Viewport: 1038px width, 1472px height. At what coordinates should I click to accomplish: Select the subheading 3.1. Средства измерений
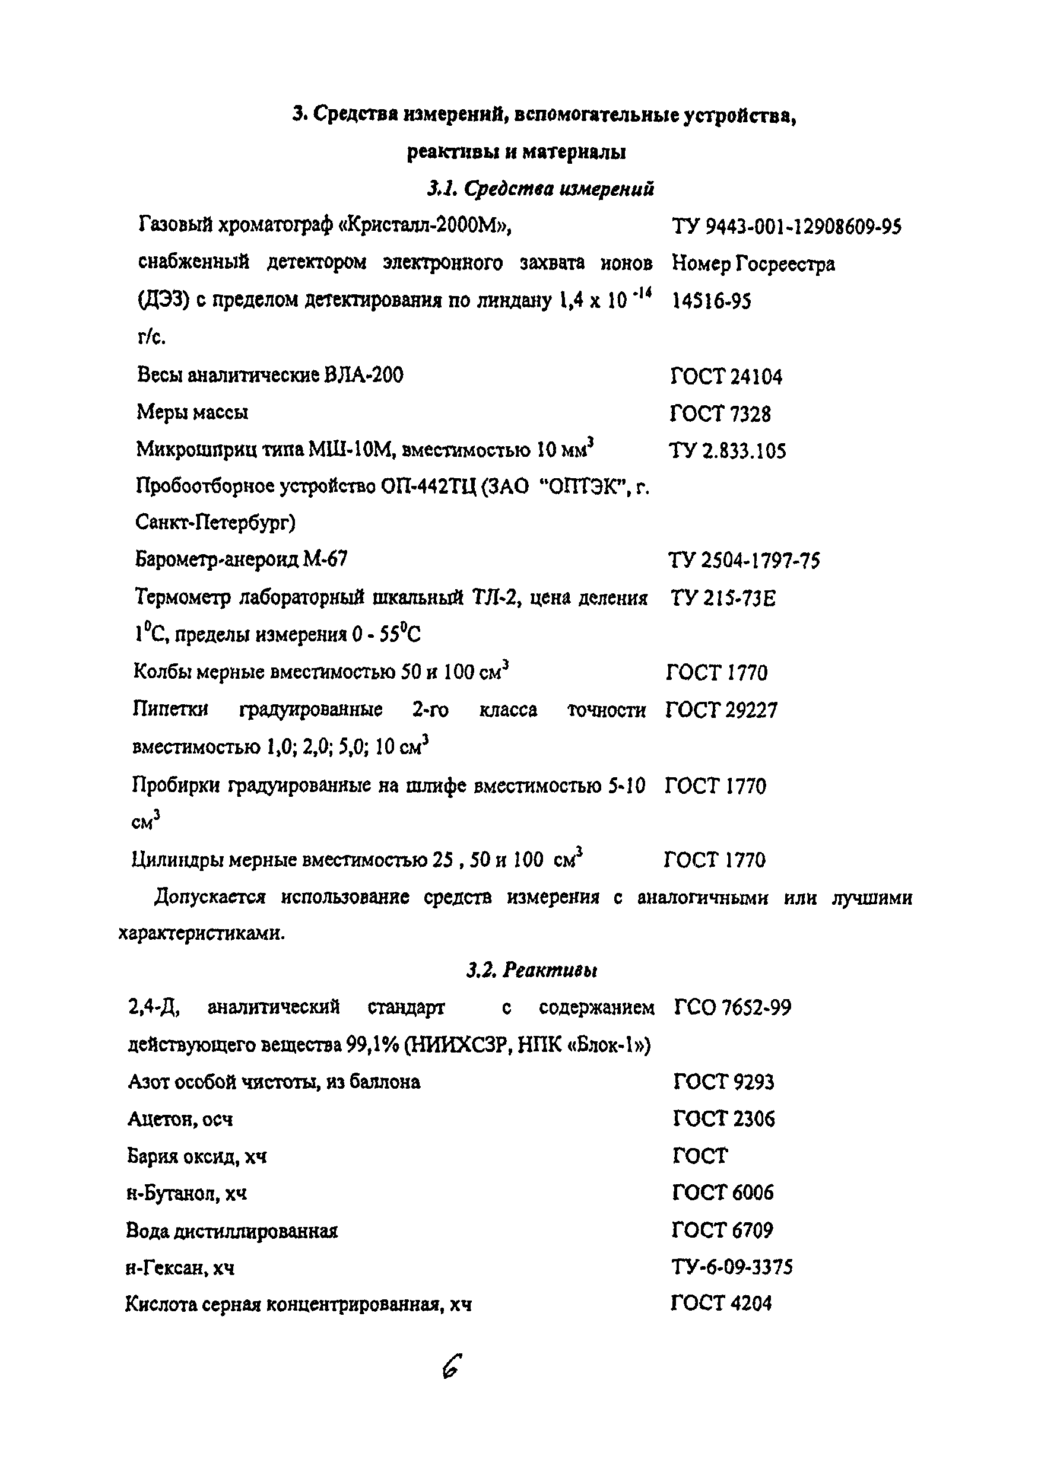click(x=541, y=189)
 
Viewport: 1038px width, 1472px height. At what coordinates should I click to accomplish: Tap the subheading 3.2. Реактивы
click(x=532, y=970)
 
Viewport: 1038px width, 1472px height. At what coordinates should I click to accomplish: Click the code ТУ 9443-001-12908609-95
click(x=786, y=227)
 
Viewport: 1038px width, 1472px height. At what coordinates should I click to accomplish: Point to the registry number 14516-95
click(x=711, y=301)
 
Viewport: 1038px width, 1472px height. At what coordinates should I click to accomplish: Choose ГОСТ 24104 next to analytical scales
click(x=726, y=376)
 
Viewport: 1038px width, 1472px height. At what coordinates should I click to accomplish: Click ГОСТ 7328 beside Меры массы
click(x=720, y=414)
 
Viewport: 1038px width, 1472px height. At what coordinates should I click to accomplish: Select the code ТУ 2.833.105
click(x=728, y=452)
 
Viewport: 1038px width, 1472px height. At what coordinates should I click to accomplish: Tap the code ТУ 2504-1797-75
click(x=744, y=561)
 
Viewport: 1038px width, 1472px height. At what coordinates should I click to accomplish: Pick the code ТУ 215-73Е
click(x=723, y=598)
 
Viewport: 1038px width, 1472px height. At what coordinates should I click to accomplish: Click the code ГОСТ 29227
click(x=721, y=710)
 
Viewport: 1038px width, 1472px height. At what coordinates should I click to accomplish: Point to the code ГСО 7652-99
click(x=733, y=1008)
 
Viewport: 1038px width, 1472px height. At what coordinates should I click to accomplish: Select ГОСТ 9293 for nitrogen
click(x=724, y=1082)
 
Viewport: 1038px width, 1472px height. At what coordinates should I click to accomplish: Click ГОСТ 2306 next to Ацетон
click(x=724, y=1119)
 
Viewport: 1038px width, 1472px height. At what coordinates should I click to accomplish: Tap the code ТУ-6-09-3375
click(x=732, y=1267)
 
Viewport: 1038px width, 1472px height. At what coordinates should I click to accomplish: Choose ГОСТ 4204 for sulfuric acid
click(x=721, y=1304)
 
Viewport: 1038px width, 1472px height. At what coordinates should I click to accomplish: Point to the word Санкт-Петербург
click(x=215, y=524)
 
